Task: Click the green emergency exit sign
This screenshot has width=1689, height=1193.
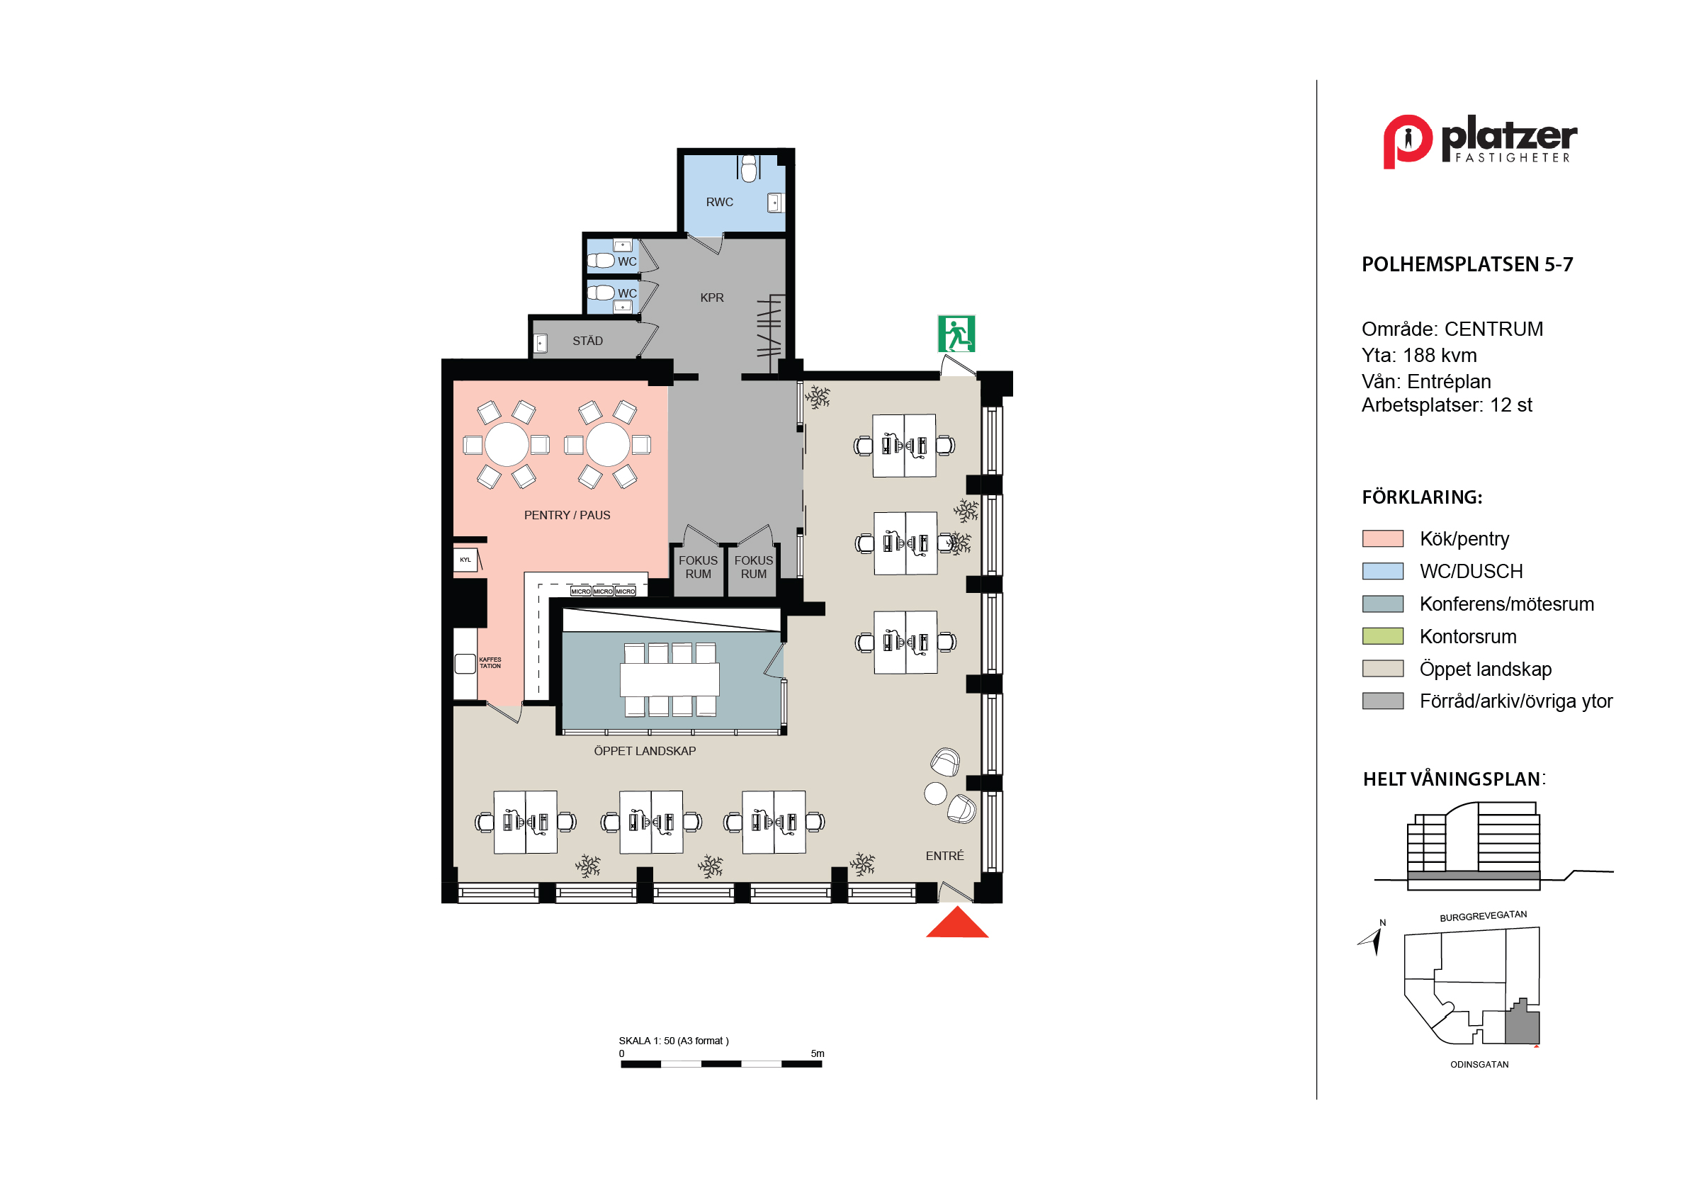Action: coord(956,334)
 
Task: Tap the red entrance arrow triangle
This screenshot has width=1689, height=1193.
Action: coord(957,923)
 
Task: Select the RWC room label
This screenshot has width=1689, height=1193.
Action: coord(719,203)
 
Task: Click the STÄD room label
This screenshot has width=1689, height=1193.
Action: coord(588,341)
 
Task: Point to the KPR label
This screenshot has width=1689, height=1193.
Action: coord(712,298)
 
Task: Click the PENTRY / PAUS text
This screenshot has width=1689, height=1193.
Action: coord(567,515)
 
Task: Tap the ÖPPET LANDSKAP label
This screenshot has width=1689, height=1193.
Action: coord(645,751)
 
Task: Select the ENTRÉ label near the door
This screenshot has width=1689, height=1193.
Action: coord(944,855)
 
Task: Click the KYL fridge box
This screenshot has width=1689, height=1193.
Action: coord(465,560)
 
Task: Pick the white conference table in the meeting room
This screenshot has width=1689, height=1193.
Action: coord(670,679)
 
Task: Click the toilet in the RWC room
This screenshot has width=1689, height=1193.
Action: coord(749,169)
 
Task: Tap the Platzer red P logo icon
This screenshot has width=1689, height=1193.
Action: coord(1407,141)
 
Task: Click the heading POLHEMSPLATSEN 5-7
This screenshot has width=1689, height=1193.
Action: coord(1467,265)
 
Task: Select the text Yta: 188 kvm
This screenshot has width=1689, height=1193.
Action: coord(1419,355)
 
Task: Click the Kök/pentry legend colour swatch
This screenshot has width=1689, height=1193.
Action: coord(1383,538)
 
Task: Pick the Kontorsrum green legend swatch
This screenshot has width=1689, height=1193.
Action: coord(1383,636)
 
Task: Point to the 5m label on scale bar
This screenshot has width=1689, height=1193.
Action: coord(818,1053)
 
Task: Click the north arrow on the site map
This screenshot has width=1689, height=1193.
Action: coord(1370,940)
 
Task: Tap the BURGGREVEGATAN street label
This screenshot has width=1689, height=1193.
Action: coord(1483,917)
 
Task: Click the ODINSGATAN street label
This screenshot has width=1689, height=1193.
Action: coord(1479,1064)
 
